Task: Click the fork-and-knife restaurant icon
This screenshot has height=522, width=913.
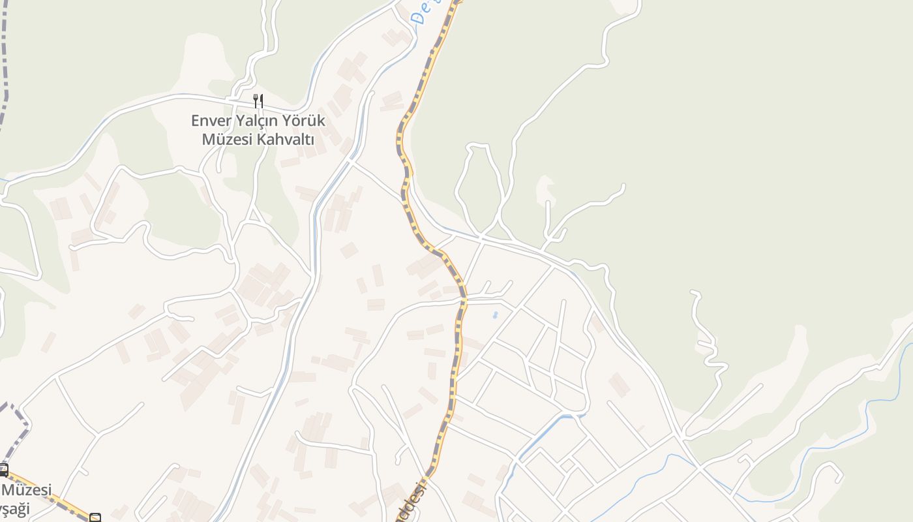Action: (258, 101)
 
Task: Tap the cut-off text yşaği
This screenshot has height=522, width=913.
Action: (15, 508)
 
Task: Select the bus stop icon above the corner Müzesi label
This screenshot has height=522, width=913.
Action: (3, 470)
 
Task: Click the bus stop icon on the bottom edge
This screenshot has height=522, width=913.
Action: (95, 518)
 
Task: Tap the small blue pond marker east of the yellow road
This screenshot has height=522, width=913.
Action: (495, 315)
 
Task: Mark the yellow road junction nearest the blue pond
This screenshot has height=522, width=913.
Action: (464, 301)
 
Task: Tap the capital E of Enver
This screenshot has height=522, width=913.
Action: (195, 121)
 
